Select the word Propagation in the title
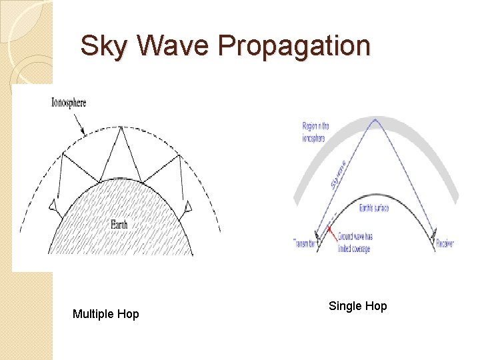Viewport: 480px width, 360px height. point(293,47)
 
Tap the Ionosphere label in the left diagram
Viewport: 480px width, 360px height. point(69,103)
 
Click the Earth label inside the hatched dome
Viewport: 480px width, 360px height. point(119,225)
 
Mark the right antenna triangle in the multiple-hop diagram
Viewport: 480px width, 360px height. point(189,209)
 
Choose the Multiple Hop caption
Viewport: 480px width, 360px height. point(105,313)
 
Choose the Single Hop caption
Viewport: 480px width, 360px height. point(357,306)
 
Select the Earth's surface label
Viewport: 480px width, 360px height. point(373,208)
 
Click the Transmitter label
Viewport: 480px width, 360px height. point(304,243)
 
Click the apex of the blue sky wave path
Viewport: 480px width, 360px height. point(375,120)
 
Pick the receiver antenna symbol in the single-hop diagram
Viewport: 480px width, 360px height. point(435,233)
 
